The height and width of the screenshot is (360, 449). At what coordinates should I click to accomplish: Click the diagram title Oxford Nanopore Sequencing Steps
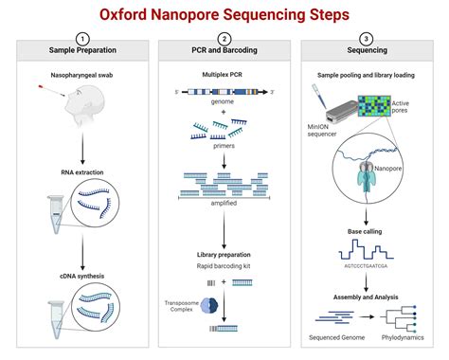tap(224, 15)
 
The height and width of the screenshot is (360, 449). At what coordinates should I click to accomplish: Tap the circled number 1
tap(82, 39)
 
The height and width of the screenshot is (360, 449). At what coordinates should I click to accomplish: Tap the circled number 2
tap(224, 39)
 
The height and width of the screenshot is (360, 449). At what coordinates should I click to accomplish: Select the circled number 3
tap(366, 39)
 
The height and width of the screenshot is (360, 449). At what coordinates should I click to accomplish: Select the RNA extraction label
tap(82, 172)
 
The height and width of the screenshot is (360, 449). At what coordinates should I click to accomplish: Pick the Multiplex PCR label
tap(224, 72)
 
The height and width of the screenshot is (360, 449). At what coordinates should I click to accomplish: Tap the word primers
tap(224, 146)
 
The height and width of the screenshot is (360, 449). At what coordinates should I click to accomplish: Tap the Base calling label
tap(366, 231)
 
